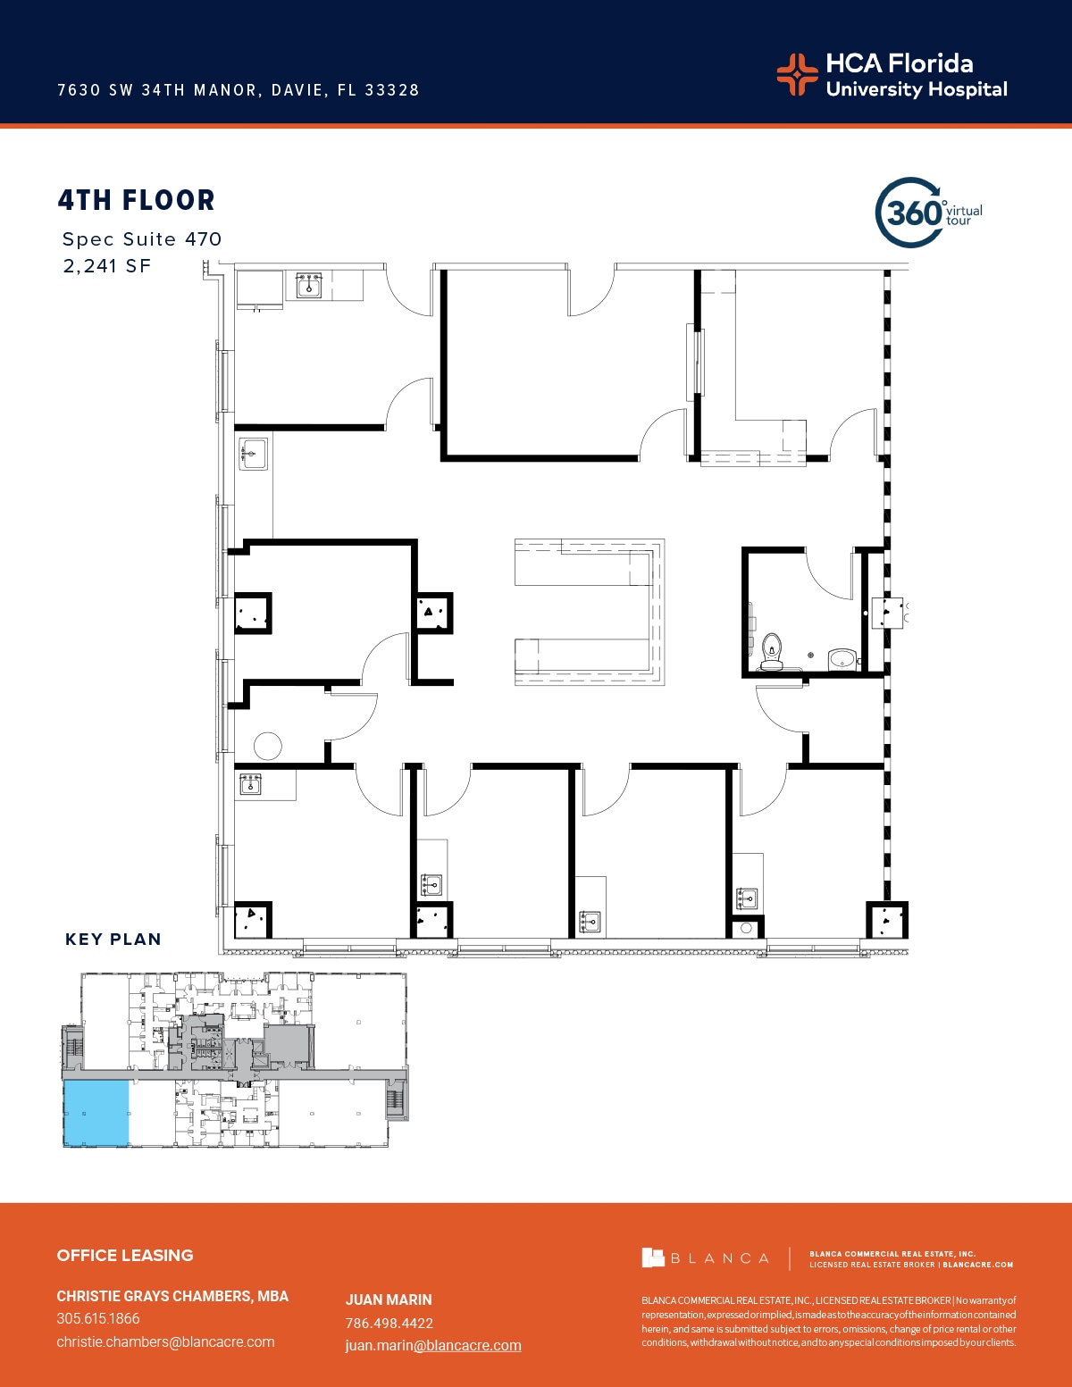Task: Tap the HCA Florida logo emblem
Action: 797,74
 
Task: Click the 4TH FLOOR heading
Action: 137,200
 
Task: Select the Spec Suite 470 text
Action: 142,239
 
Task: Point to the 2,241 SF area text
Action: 107,266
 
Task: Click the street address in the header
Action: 239,90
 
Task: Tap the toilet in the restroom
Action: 771,650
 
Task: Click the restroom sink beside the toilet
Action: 842,660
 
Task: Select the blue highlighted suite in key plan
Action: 96,1113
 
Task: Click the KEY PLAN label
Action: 113,940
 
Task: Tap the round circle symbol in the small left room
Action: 267,745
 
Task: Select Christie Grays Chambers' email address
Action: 165,1341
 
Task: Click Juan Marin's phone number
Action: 389,1323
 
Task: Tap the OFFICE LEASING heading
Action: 125,1255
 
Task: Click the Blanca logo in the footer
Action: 706,1258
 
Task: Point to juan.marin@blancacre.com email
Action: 433,1346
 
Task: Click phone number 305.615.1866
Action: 98,1318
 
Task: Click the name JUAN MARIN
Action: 389,1299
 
